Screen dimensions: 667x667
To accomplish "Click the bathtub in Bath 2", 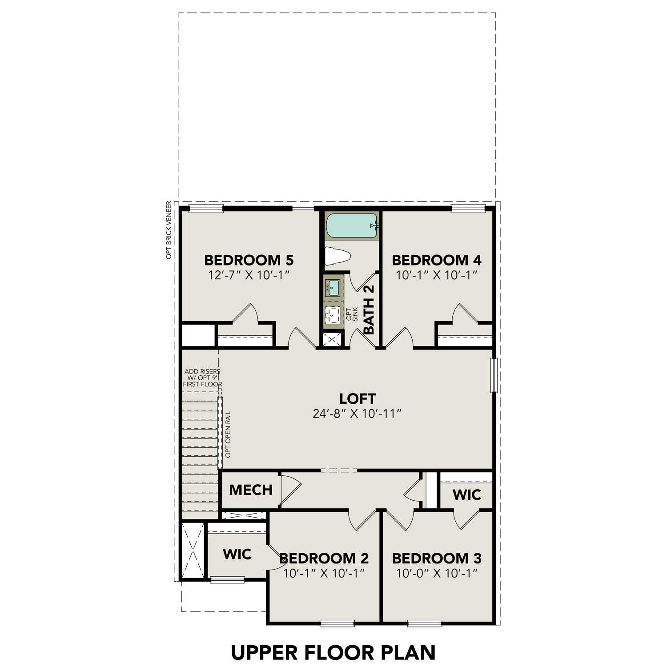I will (x=352, y=226).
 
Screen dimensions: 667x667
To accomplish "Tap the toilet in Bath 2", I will (x=338, y=256).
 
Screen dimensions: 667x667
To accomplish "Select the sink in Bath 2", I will (x=333, y=287).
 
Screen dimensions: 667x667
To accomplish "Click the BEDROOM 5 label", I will (x=249, y=260).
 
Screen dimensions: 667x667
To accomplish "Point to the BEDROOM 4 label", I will (x=436, y=260).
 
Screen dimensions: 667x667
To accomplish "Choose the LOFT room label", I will (x=357, y=398).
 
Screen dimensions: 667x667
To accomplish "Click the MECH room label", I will (x=250, y=490).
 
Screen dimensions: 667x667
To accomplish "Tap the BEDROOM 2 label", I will (x=324, y=558).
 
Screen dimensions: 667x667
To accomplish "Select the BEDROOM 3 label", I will (x=437, y=558).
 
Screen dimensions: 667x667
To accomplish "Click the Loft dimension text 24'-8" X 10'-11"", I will (x=357, y=414).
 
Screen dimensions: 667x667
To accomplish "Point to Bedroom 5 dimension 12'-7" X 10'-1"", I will (x=249, y=275).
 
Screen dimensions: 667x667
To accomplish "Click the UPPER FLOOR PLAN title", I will (x=333, y=652).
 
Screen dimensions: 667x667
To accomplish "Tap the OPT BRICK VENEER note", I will (x=169, y=230).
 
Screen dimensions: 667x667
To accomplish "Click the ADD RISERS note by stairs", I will (x=202, y=378).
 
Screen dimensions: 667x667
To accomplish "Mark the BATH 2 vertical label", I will (x=369, y=309).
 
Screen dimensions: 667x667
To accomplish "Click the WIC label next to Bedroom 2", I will (x=237, y=554).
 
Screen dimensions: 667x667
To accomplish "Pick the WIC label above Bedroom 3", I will (x=466, y=494).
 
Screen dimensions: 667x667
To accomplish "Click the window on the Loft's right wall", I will (x=493, y=375).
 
